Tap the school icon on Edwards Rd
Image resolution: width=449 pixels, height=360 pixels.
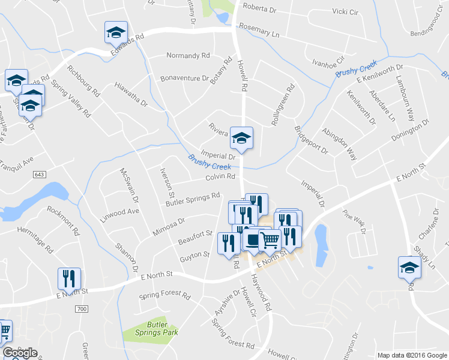(116, 32)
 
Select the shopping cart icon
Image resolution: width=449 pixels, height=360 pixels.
(270, 240)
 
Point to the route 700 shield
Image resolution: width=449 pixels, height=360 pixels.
(82, 308)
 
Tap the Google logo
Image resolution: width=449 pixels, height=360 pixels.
(20, 353)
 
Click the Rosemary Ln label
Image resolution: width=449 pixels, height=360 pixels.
(259, 31)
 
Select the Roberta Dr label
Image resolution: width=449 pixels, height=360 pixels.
(259, 8)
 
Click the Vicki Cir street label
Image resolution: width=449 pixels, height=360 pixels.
(345, 11)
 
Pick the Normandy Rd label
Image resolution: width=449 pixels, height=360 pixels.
(188, 56)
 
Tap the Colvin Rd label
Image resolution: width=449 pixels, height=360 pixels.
(220, 176)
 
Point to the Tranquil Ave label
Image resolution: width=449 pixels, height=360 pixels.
(17, 162)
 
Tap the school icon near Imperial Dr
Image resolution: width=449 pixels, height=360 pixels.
(241, 139)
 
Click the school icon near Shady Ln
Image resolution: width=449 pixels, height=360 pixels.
(409, 267)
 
